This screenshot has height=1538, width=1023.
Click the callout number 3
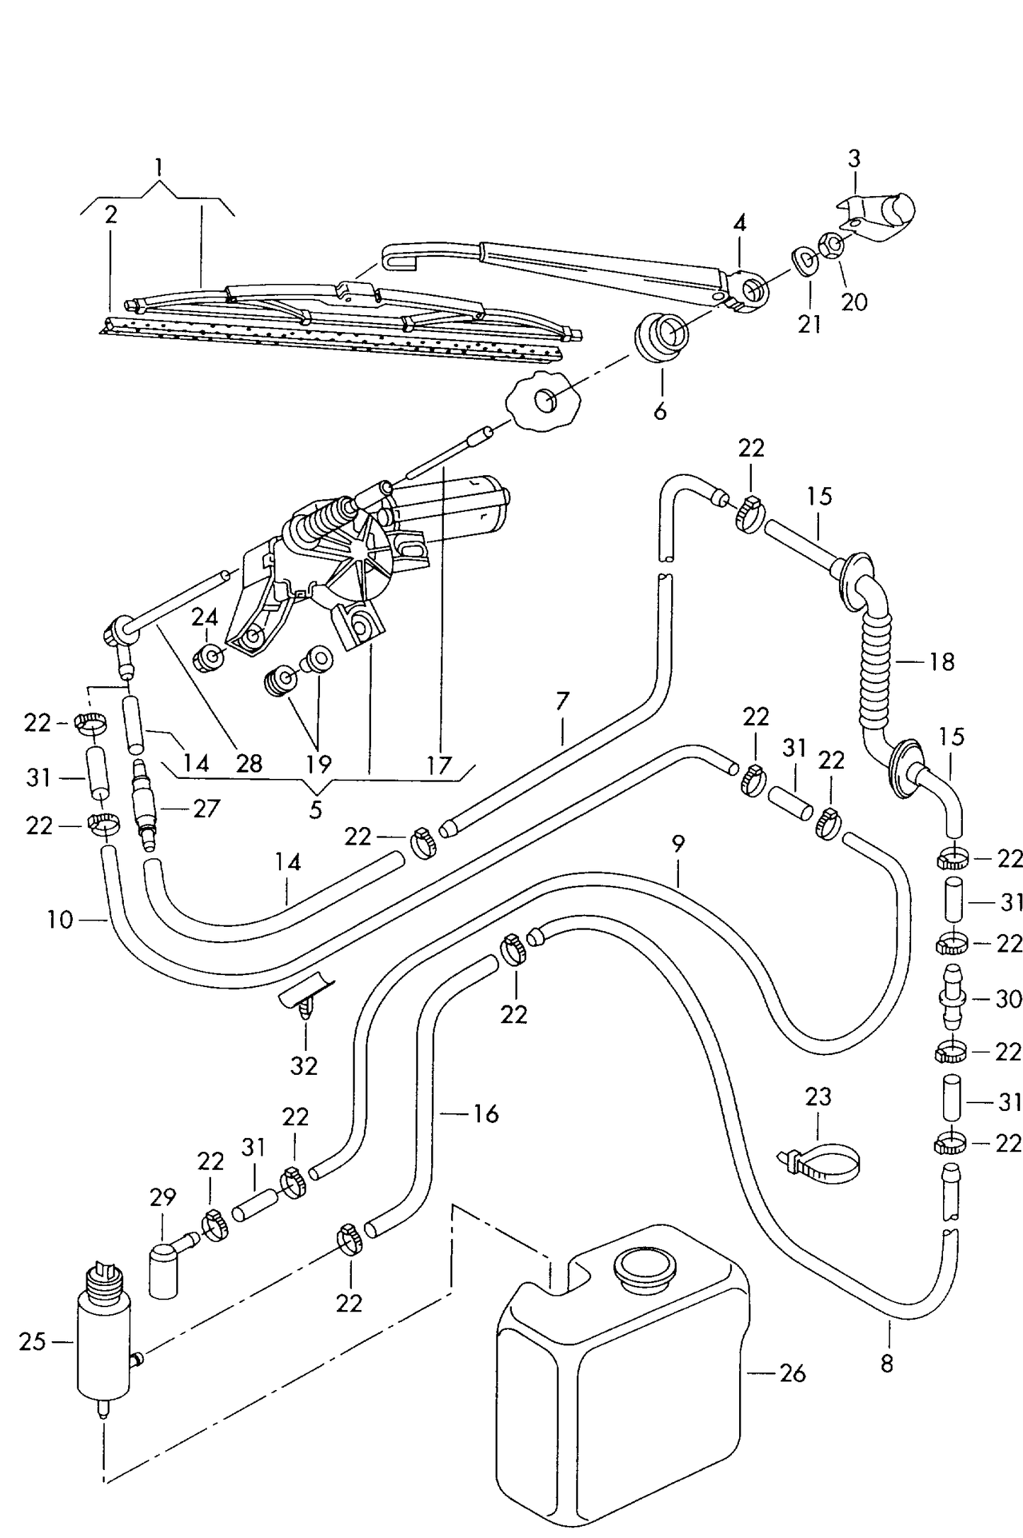pos(854,159)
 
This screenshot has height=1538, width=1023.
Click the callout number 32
pos(304,1066)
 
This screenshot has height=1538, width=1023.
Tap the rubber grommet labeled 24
pos(209,659)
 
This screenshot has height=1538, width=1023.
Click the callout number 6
pos(660,411)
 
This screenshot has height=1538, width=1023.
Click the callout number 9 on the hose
pos(678,843)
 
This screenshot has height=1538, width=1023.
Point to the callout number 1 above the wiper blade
pos(159,167)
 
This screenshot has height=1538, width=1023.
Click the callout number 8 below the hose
pos(887,1363)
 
